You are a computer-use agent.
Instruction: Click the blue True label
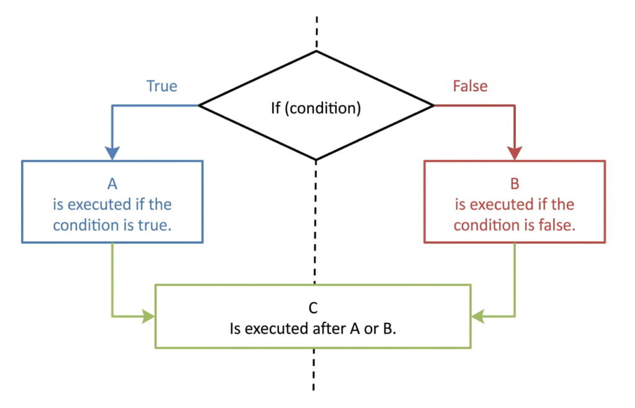coord(161,86)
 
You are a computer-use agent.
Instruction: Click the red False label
coord(470,86)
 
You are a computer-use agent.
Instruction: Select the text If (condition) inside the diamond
coord(316,107)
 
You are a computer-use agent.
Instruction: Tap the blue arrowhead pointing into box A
coord(112,153)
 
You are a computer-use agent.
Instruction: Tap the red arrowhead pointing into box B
coord(515,153)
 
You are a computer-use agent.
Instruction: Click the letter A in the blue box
coord(112,184)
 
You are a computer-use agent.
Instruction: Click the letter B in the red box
coord(515,184)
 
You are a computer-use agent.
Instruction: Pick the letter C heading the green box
coord(313,308)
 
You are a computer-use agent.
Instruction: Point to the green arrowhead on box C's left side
coord(148,316)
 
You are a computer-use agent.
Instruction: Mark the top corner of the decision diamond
coord(317,51)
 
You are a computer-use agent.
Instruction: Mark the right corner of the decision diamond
coord(433,106)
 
